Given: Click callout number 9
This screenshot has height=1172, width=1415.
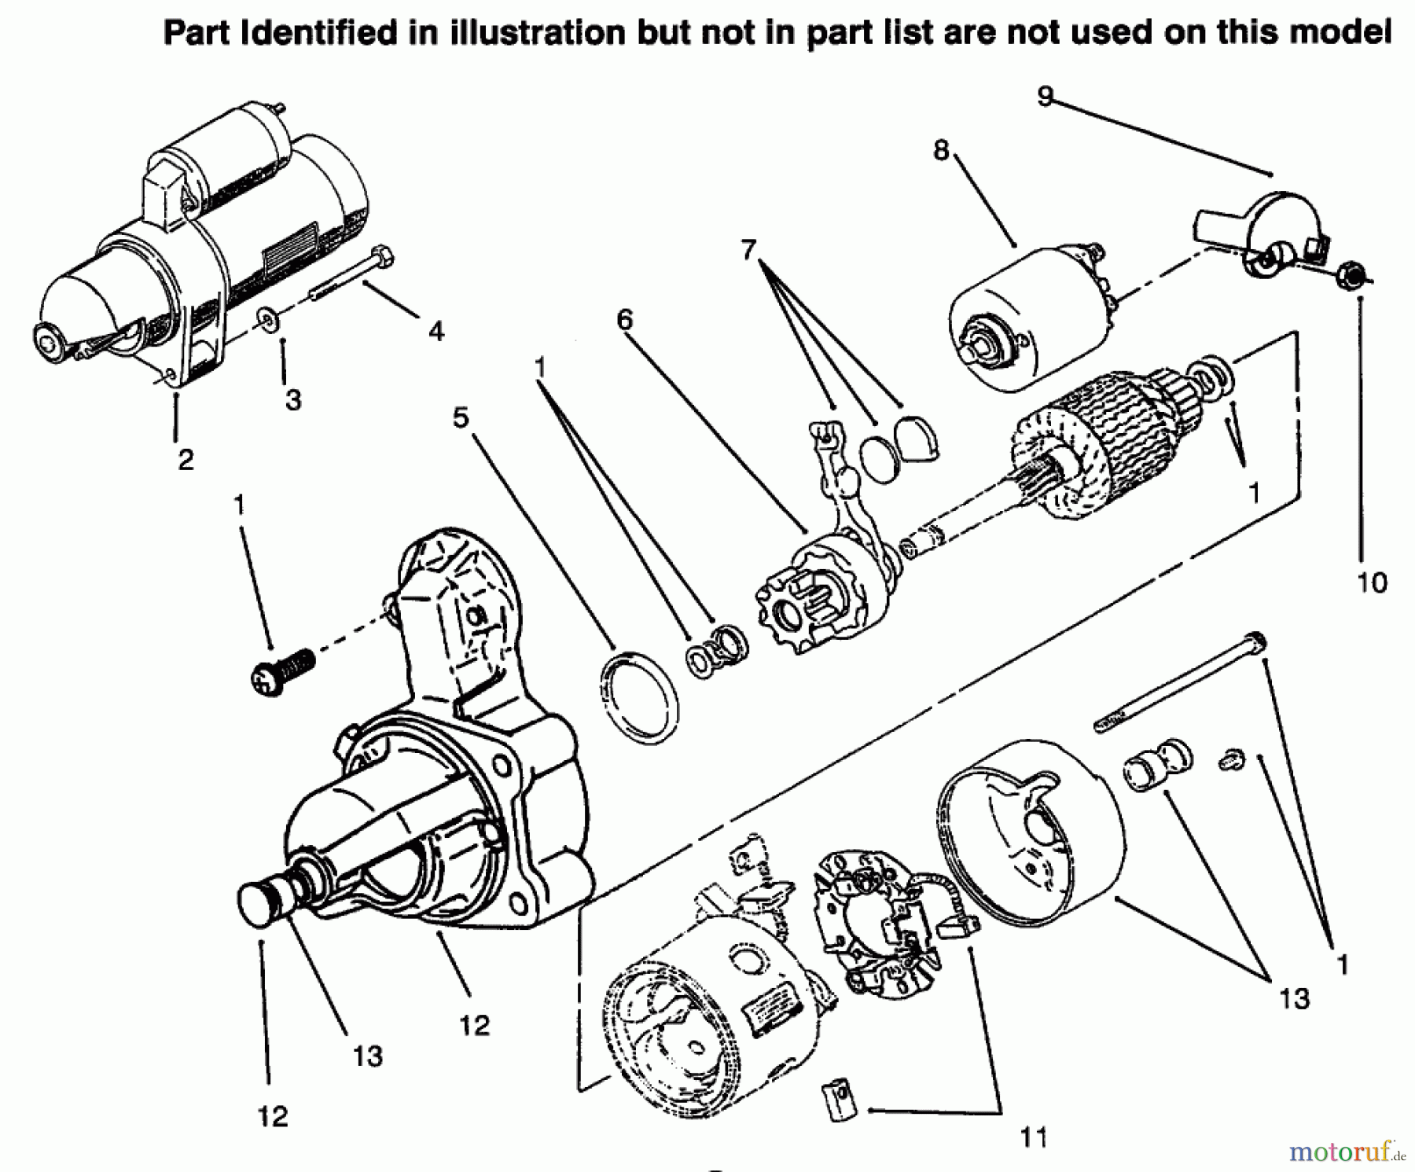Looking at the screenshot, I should [1044, 96].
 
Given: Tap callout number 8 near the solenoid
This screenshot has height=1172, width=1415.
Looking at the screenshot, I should [941, 149].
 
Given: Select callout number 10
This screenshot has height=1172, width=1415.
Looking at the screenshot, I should [1372, 582].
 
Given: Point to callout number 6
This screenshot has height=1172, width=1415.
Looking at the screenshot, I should [625, 319].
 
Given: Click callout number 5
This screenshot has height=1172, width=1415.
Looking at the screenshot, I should [461, 417].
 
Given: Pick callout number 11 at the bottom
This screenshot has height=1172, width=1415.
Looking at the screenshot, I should [1034, 1137].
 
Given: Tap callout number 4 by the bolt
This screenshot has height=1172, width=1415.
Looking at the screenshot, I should [436, 331].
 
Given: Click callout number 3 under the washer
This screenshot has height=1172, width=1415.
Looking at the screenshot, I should [293, 400].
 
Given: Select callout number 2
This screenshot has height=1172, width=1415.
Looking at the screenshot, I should [186, 459].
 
